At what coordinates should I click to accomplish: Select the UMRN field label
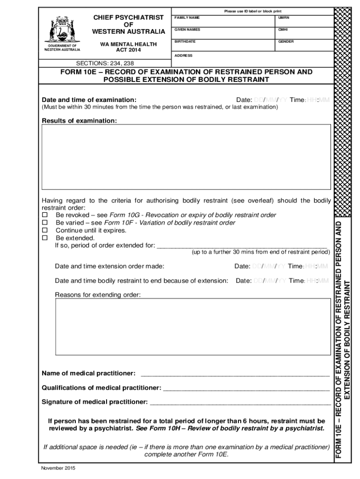(284, 17)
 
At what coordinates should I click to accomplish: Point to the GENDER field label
(286, 42)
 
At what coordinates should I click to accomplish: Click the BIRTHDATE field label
(185, 42)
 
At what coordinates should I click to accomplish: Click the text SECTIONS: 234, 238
(105, 64)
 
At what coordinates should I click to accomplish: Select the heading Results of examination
(79, 121)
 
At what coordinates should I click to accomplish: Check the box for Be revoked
(45, 215)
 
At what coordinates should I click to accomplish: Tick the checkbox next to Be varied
(45, 223)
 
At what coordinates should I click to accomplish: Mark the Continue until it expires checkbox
(45, 230)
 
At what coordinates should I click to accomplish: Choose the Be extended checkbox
(45, 238)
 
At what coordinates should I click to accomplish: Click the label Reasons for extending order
(98, 295)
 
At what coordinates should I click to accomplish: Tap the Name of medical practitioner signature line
(235, 374)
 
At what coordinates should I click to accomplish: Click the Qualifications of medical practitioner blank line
(246, 388)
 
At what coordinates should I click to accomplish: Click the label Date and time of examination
(89, 100)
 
